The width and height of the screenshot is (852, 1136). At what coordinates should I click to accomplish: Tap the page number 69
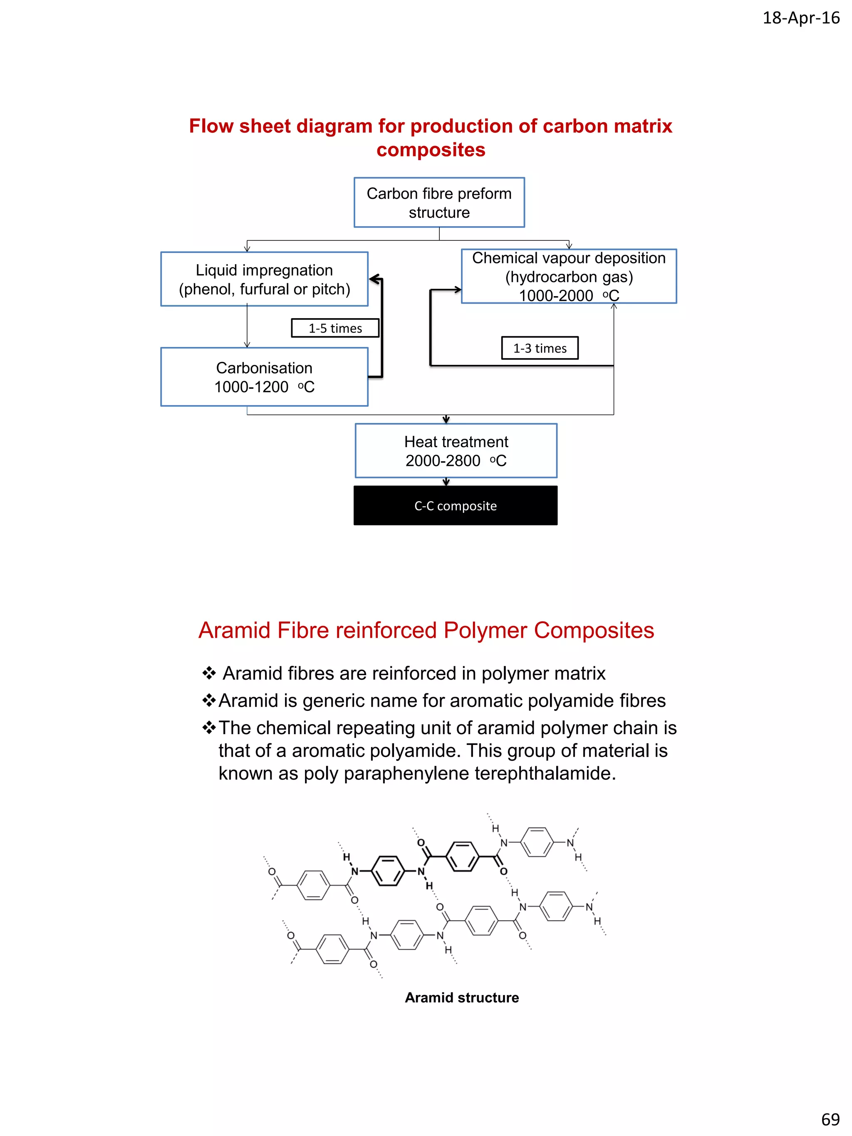coord(830,1119)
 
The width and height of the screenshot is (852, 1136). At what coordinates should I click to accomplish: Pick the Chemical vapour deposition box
coord(569,276)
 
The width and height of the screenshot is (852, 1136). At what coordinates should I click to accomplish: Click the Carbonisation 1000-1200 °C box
coord(264,377)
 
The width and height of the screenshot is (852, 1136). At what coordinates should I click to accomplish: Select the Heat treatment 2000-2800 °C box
coord(456,450)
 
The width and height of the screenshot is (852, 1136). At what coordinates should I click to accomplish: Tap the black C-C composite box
coord(455,505)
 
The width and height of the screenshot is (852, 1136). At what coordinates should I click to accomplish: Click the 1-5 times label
coord(335,328)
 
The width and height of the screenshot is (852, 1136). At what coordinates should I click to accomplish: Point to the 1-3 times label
coord(539,348)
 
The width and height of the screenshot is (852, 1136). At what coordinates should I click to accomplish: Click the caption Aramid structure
coord(461,997)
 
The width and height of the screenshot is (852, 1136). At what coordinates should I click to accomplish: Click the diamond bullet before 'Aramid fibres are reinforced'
coord(208,673)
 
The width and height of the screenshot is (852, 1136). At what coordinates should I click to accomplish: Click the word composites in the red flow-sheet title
coord(430,150)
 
